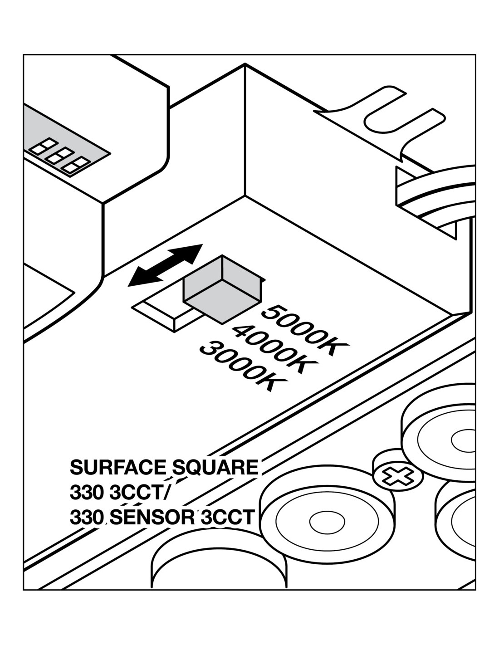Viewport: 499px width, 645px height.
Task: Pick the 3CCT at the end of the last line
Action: [226, 518]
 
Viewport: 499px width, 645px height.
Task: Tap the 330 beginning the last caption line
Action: [87, 518]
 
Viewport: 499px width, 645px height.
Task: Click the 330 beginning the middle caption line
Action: [87, 493]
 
